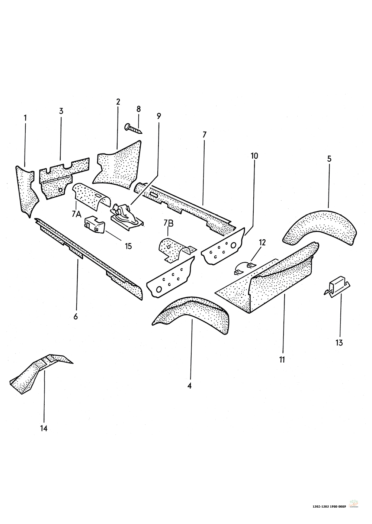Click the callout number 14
[44, 428]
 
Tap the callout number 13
[339, 343]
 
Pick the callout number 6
[76, 316]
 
